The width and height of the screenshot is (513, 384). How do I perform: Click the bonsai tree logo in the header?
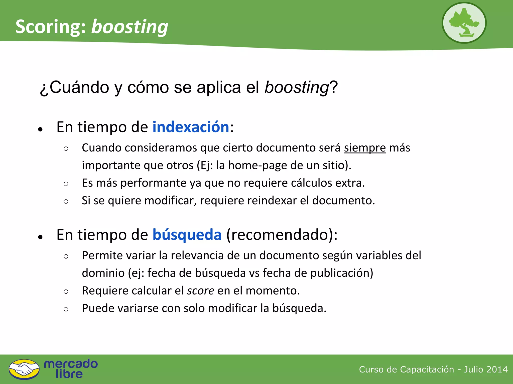[464, 23]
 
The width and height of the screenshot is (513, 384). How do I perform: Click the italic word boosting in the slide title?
[130, 27]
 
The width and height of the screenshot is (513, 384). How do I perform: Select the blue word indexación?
[191, 127]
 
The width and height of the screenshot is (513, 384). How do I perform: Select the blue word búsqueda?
[187, 235]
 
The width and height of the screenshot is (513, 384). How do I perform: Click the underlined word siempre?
[365, 148]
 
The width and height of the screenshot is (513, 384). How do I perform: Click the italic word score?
[201, 291]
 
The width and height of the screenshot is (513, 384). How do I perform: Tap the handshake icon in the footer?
[24, 369]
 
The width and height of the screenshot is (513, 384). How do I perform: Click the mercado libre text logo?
[71, 369]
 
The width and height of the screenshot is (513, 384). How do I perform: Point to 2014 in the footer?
[498, 369]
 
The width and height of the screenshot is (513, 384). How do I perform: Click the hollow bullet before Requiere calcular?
[66, 291]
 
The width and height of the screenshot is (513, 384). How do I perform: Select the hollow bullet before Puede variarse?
[66, 309]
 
